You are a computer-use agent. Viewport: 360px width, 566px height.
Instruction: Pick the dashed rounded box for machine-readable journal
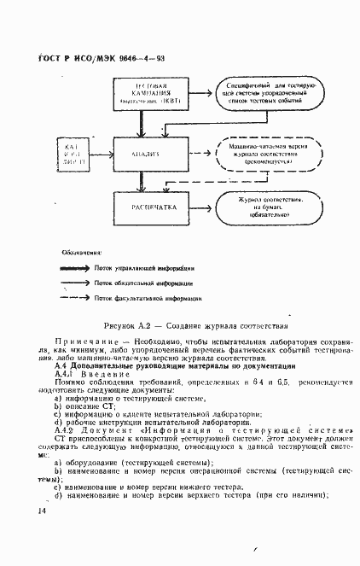click(265, 154)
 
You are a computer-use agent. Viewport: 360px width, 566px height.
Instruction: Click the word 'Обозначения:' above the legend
click(82, 253)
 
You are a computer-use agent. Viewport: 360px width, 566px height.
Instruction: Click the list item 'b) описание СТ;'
click(83, 406)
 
